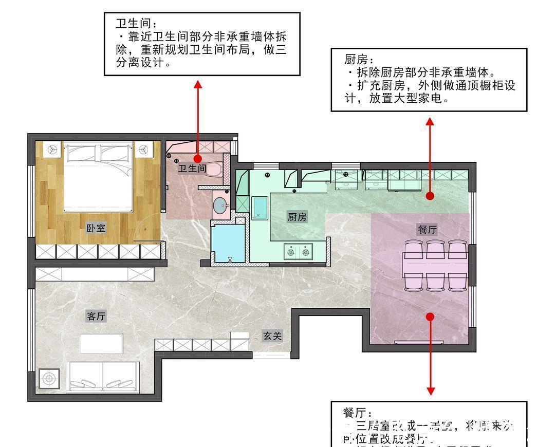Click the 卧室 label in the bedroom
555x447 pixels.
(x=96, y=228)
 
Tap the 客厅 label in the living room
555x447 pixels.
(x=96, y=316)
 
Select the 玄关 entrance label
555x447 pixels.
(x=273, y=336)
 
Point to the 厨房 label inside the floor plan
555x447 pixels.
(x=297, y=217)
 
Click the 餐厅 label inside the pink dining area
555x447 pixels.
(x=427, y=230)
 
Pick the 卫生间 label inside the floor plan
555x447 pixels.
(x=192, y=168)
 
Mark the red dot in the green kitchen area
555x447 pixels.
(x=430, y=196)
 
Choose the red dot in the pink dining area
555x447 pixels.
(x=430, y=316)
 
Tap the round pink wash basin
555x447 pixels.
(x=221, y=206)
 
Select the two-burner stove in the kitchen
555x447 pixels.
(x=299, y=252)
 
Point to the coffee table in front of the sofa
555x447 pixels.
(x=101, y=343)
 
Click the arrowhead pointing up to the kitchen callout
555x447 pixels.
(x=430, y=121)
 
